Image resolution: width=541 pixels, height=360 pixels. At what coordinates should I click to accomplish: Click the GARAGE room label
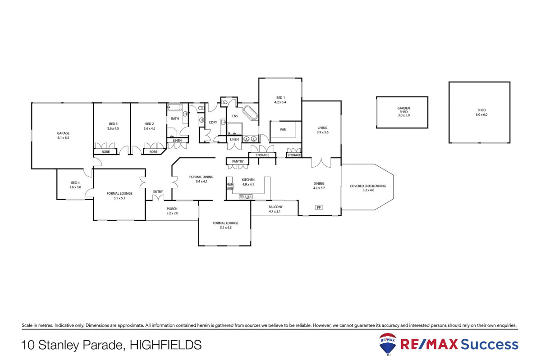(63, 133)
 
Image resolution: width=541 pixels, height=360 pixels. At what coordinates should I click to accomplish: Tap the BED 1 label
(280, 98)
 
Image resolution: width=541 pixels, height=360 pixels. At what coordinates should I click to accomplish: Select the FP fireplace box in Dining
(319, 208)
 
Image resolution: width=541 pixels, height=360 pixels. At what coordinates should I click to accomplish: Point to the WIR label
(283, 130)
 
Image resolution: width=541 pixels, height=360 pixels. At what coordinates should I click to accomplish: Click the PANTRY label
(238, 161)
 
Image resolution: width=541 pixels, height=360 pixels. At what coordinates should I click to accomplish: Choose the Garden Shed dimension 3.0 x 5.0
(403, 115)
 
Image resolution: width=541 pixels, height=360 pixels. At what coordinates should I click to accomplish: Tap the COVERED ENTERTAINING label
(368, 186)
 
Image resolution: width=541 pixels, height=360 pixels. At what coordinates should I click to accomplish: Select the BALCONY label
(275, 207)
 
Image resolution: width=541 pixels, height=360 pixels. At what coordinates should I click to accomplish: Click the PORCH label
(172, 209)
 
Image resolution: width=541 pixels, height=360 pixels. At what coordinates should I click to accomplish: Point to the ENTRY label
(158, 191)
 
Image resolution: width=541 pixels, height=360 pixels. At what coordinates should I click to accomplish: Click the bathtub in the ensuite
(250, 113)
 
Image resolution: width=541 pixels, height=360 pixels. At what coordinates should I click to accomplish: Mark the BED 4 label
(75, 182)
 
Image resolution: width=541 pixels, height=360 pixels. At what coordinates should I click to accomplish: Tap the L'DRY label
(213, 122)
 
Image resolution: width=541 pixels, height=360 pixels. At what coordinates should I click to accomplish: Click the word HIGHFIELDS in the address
(165, 346)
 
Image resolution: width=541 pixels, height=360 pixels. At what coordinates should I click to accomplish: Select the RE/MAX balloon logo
(388, 344)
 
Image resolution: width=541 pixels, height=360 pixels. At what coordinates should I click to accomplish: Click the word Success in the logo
(490, 345)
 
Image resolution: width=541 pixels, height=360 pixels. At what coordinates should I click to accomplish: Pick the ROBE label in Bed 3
(105, 152)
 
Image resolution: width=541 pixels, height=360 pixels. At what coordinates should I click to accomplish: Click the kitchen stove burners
(230, 186)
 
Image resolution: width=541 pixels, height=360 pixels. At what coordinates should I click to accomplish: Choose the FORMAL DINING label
(201, 177)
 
